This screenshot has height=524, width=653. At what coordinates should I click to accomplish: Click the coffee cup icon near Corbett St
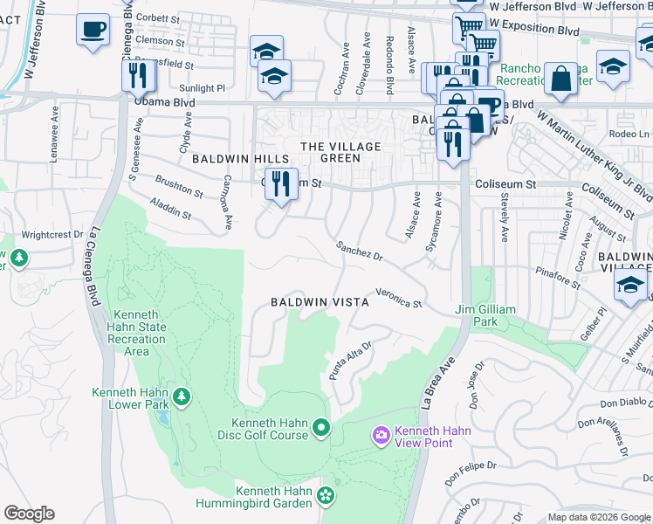(92, 31)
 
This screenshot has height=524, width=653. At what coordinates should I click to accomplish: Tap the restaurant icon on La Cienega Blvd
(137, 77)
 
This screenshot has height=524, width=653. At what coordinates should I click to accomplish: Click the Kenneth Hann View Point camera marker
(381, 434)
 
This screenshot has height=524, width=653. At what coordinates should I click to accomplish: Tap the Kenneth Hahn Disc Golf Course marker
(321, 427)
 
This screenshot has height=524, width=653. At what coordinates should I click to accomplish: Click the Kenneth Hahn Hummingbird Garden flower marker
(326, 496)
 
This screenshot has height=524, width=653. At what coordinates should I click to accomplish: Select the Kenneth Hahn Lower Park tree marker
(182, 397)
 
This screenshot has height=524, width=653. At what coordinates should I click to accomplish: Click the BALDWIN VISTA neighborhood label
(320, 301)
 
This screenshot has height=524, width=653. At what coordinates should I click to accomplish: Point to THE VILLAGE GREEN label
(330, 152)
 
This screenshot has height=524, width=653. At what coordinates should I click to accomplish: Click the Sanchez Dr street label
(361, 252)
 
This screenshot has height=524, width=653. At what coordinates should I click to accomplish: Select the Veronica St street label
(399, 298)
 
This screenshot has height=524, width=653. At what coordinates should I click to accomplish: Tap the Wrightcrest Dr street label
(52, 234)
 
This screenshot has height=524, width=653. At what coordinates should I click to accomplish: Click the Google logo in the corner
(29, 514)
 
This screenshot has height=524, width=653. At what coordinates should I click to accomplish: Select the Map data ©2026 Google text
(598, 517)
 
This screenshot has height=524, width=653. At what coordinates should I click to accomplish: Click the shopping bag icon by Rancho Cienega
(560, 79)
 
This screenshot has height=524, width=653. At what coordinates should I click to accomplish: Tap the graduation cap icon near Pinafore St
(630, 286)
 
